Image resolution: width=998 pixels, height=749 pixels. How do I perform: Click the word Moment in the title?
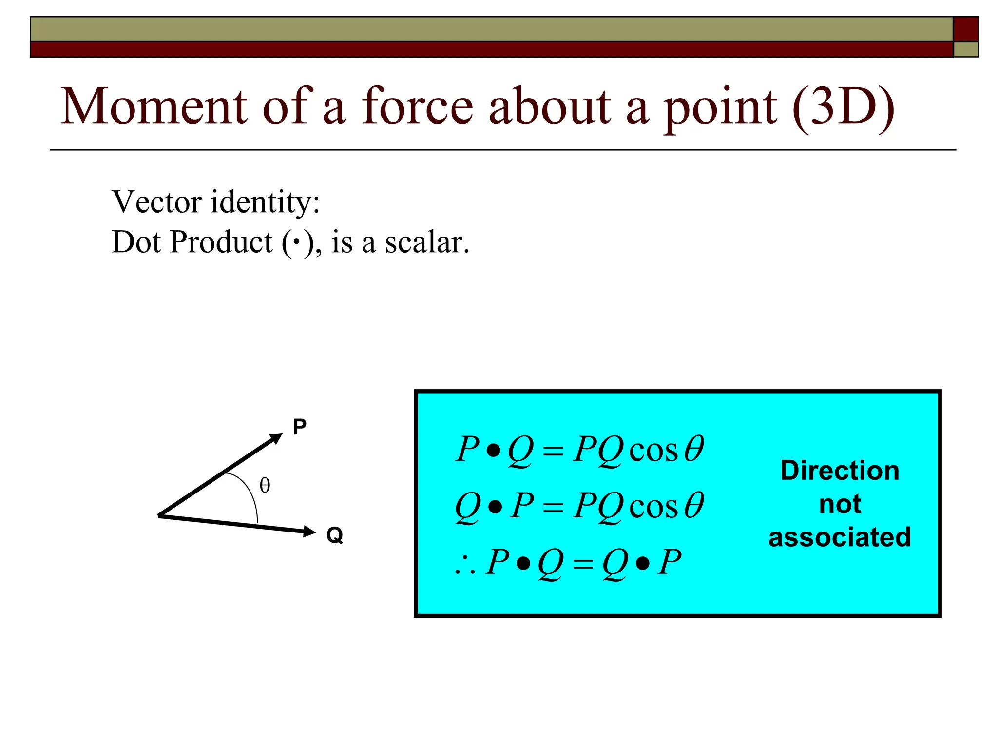tap(154, 106)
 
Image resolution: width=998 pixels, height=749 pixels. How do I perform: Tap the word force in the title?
tap(417, 106)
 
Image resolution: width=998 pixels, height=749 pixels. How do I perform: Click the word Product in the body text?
tap(221, 242)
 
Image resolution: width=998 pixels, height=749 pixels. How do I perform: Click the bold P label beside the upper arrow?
tap(299, 427)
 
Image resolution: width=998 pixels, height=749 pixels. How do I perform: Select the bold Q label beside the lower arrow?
tap(335, 535)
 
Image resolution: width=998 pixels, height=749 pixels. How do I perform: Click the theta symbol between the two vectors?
tap(265, 486)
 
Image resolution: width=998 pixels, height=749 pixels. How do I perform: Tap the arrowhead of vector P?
tap(276, 437)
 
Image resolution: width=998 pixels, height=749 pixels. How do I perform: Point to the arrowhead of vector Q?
tap(309, 531)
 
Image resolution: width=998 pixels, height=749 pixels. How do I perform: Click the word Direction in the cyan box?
tap(840, 471)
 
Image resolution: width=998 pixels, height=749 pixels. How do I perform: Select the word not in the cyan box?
tap(840, 504)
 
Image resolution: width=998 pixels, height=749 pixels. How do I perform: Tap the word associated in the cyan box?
tap(840, 537)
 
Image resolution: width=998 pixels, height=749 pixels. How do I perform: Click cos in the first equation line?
tap(653, 451)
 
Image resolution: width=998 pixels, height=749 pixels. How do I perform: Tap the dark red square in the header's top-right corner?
tap(965, 29)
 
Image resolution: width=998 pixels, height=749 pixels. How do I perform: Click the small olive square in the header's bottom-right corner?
tap(965, 50)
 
